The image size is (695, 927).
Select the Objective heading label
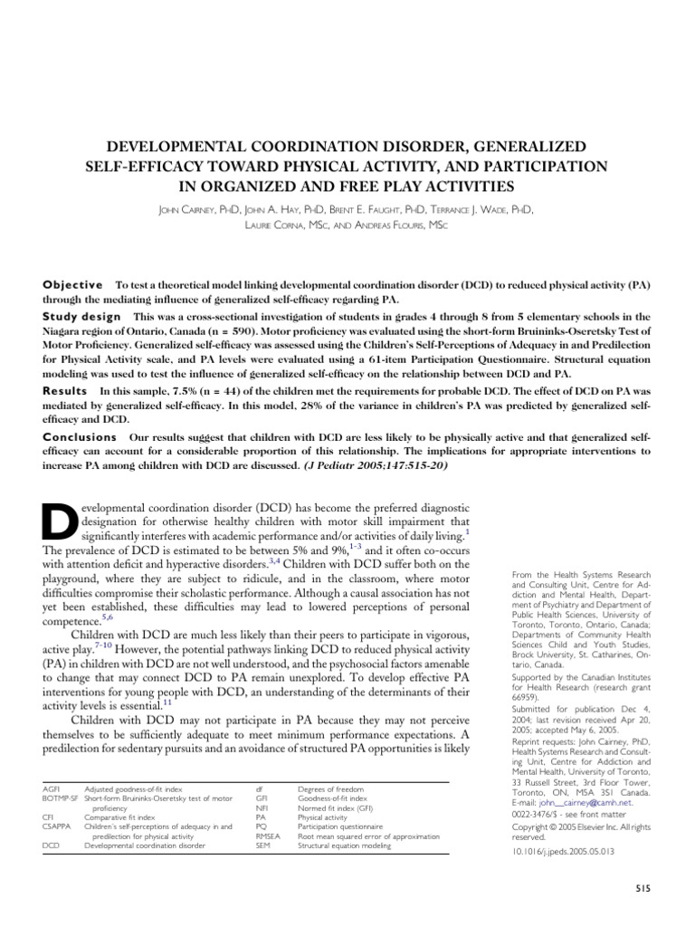pyautogui.click(x=73, y=284)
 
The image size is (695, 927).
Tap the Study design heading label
pyautogui.click(x=81, y=317)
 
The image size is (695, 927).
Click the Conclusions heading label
pyautogui.click(x=81, y=436)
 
